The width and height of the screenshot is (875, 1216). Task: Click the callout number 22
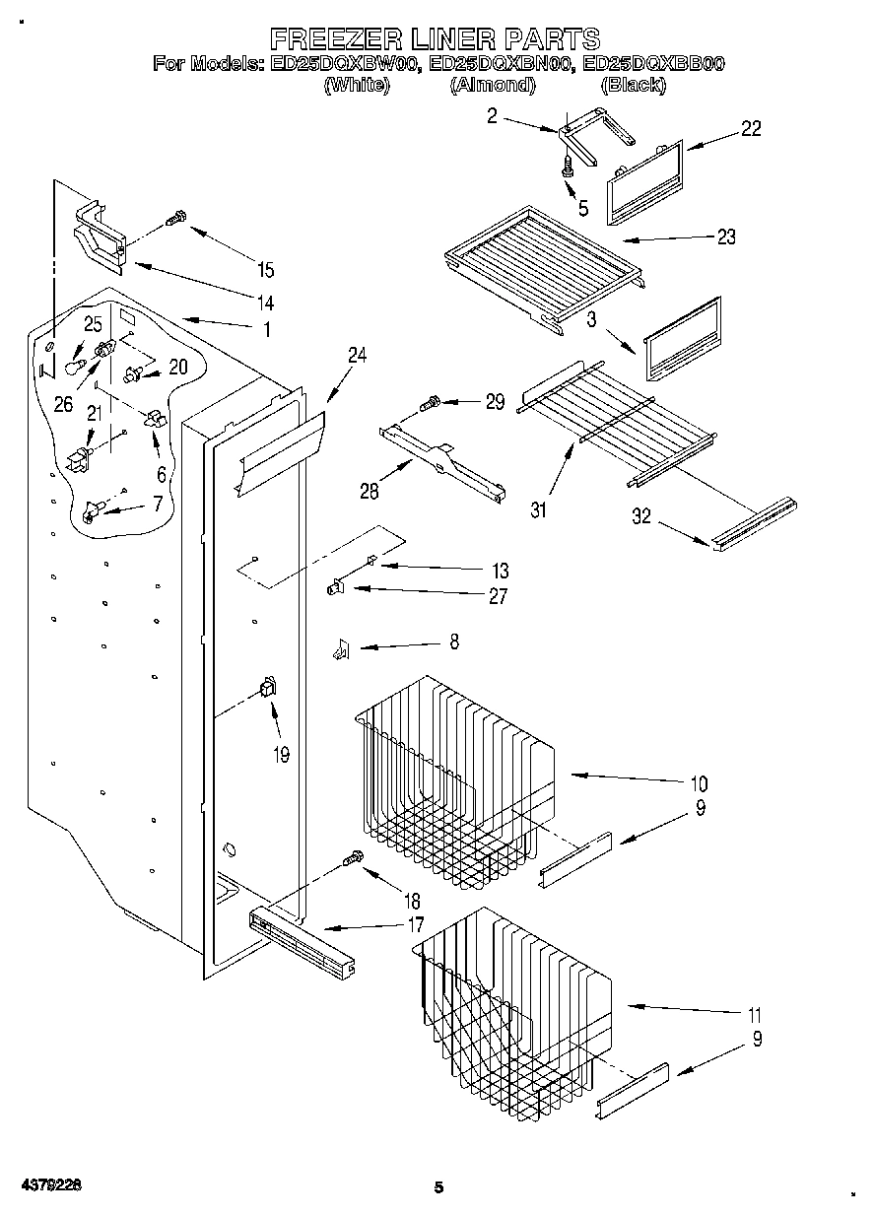click(x=751, y=128)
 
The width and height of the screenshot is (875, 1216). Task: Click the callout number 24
click(x=357, y=356)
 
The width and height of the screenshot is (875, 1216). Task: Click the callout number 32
click(x=641, y=516)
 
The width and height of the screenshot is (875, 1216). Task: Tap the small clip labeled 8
click(x=339, y=648)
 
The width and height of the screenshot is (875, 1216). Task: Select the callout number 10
click(x=699, y=784)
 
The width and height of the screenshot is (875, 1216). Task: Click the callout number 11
click(x=754, y=1014)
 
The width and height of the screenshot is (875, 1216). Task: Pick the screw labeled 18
click(x=354, y=860)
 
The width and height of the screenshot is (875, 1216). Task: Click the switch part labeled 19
click(x=267, y=690)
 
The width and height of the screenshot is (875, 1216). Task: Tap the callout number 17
click(x=415, y=925)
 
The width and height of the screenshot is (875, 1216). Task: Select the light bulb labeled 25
click(x=73, y=367)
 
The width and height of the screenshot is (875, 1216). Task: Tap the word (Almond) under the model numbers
click(x=492, y=86)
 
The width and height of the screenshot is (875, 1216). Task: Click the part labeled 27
click(x=335, y=588)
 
